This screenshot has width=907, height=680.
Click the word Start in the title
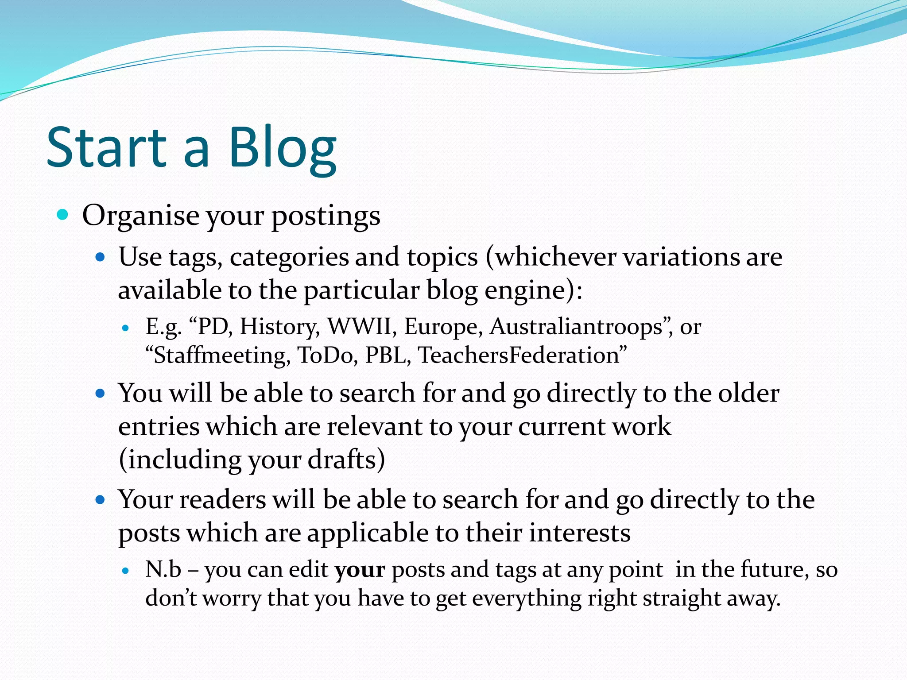[106, 148]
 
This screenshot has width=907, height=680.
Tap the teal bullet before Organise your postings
[62, 215]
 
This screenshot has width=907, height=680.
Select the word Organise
[140, 216]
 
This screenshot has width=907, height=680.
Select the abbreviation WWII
[359, 327]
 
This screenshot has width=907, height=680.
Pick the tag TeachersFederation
[518, 355]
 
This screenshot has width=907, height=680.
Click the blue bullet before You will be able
[100, 393]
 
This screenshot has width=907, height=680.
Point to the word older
[748, 393]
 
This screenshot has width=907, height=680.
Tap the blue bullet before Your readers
[100, 500]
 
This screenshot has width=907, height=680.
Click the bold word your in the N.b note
[360, 570]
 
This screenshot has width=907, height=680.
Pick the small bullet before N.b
[125, 571]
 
